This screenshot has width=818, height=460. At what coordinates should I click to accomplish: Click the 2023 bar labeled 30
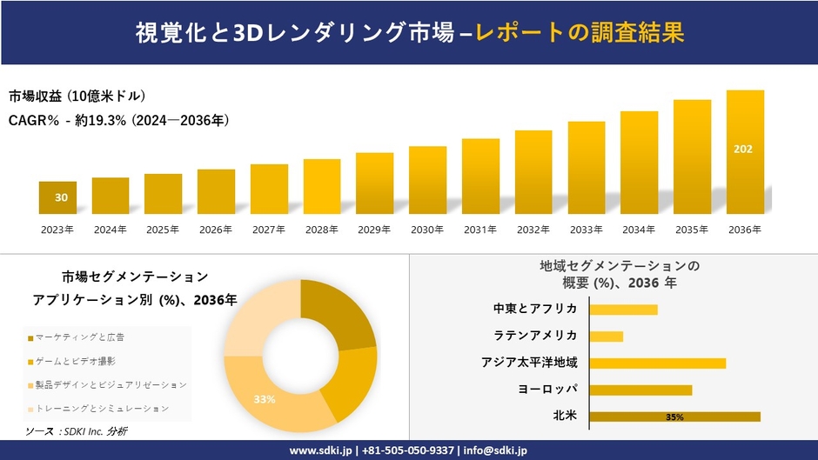coord(57,197)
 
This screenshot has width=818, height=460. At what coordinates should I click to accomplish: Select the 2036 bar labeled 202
coord(745,152)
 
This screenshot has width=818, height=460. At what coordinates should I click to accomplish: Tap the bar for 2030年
coord(427,180)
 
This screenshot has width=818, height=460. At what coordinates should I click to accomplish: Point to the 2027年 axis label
coord(269,230)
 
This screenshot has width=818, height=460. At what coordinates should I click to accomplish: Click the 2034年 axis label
coord(639,230)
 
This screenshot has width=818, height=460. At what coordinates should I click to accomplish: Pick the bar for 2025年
coord(163,194)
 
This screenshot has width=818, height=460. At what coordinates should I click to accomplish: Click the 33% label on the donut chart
coord(265,399)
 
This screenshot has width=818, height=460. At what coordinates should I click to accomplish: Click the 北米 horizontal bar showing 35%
coord(674,417)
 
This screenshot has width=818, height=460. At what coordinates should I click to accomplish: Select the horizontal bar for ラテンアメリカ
coord(607,336)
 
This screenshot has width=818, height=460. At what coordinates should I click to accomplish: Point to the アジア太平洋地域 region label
coord(529,362)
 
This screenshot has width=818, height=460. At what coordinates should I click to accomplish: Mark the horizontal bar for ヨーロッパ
coord(640,390)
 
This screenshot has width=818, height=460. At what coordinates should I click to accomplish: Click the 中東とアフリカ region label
coord(535,309)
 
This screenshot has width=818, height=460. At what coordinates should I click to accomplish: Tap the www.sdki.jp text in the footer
coord(320,450)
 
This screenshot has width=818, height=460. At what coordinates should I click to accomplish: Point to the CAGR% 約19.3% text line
coord(119,120)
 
